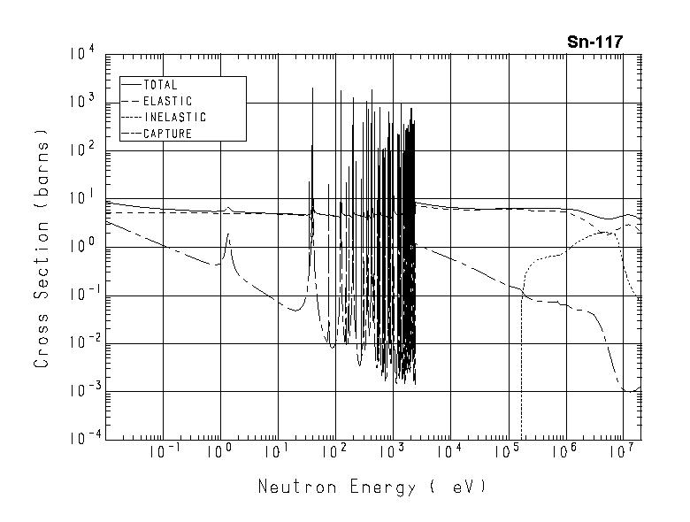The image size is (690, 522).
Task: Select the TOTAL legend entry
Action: pyautogui.click(x=159, y=85)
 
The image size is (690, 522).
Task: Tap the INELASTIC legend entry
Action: pyautogui.click(x=174, y=117)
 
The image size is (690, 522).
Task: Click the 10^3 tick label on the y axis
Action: pyautogui.click(x=80, y=103)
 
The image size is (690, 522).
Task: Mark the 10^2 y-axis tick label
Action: pyautogui.click(x=80, y=150)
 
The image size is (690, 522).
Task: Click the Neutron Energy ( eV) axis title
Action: pyautogui.click(x=372, y=487)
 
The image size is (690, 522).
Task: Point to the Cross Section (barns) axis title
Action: pyautogui.click(x=42, y=248)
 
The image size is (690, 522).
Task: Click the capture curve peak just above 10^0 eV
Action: pyautogui.click(x=228, y=234)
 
